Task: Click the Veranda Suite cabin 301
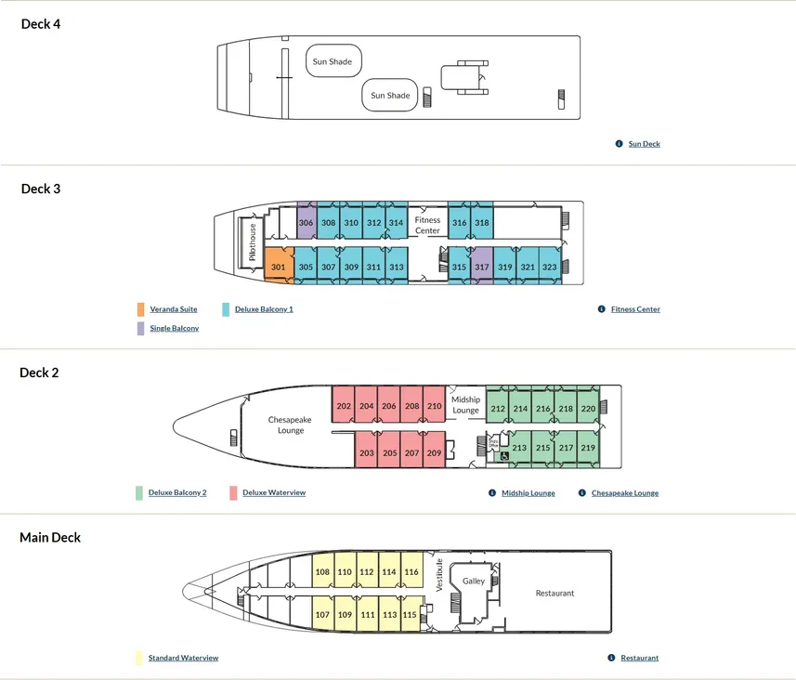[x=279, y=265]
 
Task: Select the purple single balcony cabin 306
[x=307, y=221]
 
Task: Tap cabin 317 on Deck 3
[x=482, y=265]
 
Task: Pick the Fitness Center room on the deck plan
[x=427, y=225]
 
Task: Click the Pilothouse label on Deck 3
[x=253, y=242]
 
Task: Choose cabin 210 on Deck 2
[x=434, y=404]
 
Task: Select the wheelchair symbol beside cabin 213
[x=504, y=456]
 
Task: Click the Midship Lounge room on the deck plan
[x=465, y=405]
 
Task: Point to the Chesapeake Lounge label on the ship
[x=290, y=425]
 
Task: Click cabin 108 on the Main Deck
[x=322, y=569]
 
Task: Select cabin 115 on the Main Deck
[x=411, y=613]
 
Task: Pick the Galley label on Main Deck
[x=474, y=581]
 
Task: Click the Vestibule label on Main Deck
[x=439, y=575]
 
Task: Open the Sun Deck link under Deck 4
[x=645, y=144]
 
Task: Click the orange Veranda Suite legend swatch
[x=140, y=309]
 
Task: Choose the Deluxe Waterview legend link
[x=274, y=492]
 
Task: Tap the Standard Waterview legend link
[x=183, y=658]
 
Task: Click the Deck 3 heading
[x=41, y=189]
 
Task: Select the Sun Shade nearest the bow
[x=333, y=61]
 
